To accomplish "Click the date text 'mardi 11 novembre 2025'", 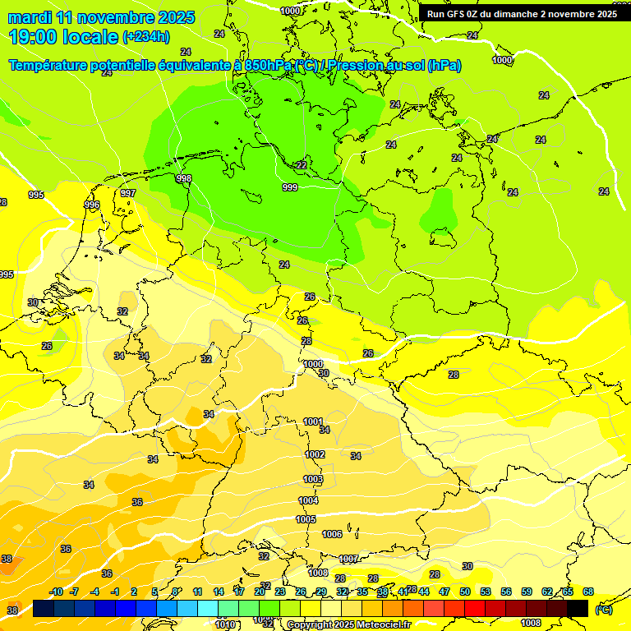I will tap(101, 17).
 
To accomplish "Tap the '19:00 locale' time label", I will tap(63, 36).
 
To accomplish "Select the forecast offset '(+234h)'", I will tap(146, 36).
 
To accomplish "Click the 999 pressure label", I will tap(290, 188).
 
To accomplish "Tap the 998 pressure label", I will tap(184, 178).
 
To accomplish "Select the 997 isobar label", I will tap(128, 193).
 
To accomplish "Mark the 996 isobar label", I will tap(92, 205).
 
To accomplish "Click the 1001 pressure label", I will tap(313, 421).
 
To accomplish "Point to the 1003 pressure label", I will tap(313, 479).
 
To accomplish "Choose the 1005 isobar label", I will tap(306, 519).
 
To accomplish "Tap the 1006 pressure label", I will tap(332, 534).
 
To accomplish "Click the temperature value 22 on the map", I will tap(302, 165).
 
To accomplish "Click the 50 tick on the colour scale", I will tap(465, 592).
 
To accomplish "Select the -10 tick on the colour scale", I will tap(57, 592).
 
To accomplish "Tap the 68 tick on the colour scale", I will tap(588, 592).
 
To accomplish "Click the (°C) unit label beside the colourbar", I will tap(604, 609).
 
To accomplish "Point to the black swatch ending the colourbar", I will tap(578, 608).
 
